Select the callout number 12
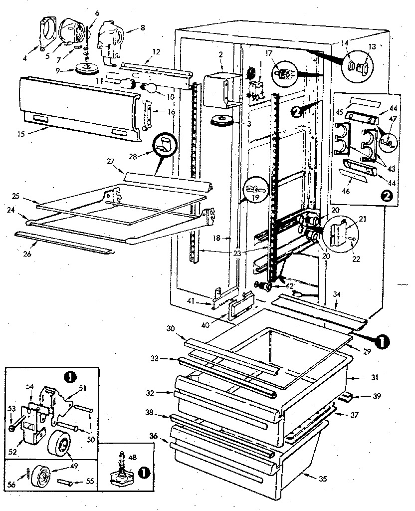click(156, 52)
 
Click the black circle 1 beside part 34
click(381, 341)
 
